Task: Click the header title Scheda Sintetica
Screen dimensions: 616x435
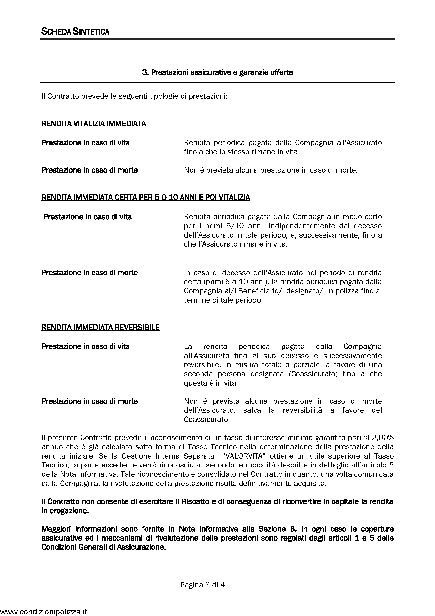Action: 75,32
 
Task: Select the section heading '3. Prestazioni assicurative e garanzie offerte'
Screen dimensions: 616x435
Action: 217,72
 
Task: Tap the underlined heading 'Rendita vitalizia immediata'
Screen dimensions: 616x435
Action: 93,124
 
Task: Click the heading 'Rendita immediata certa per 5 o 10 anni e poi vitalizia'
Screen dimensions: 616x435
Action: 146,198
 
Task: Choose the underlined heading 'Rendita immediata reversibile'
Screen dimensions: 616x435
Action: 101,327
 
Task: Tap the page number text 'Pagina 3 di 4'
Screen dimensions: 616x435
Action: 202,585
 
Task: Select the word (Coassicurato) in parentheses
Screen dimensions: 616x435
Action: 313,374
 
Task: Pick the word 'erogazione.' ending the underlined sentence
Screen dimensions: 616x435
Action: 65,511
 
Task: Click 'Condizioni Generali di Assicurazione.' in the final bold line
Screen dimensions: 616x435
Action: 103,547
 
